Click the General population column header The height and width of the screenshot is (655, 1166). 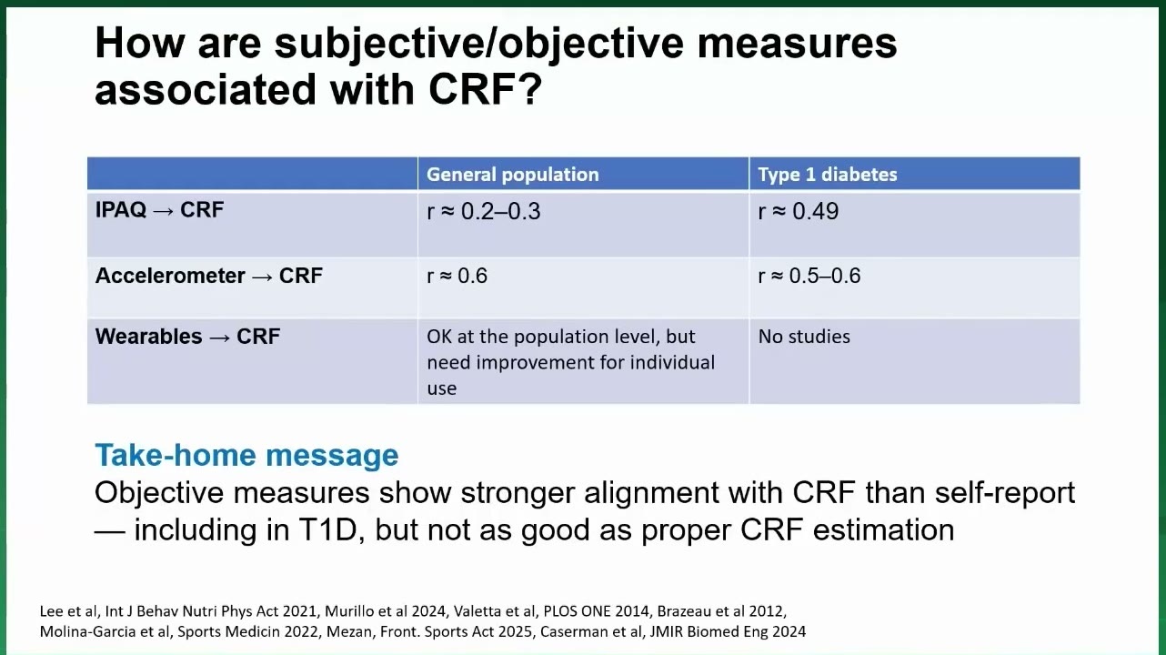click(x=513, y=175)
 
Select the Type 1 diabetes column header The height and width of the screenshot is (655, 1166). click(x=828, y=175)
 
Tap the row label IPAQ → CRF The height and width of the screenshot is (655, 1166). click(x=159, y=210)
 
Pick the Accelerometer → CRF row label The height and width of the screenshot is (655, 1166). click(x=209, y=276)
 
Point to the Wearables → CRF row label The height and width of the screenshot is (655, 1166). click(x=187, y=337)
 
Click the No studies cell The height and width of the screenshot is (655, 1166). click(x=804, y=337)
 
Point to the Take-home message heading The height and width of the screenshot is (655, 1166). click(x=246, y=455)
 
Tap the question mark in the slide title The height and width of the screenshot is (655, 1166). click(x=531, y=89)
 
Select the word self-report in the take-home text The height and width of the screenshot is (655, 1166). click(x=1005, y=492)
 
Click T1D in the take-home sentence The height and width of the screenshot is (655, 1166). click(x=331, y=530)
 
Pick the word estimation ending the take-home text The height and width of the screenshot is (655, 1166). click(x=884, y=530)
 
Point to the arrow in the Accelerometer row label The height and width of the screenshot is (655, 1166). click(x=262, y=277)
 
